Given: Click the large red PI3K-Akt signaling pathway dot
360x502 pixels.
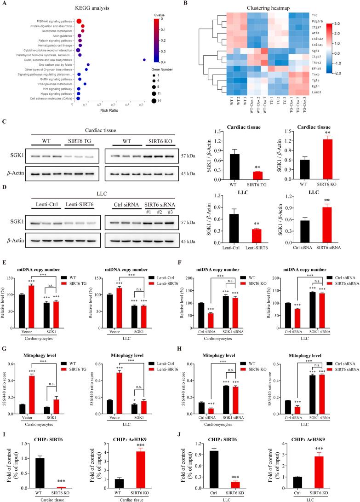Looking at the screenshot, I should tap(79, 21).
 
